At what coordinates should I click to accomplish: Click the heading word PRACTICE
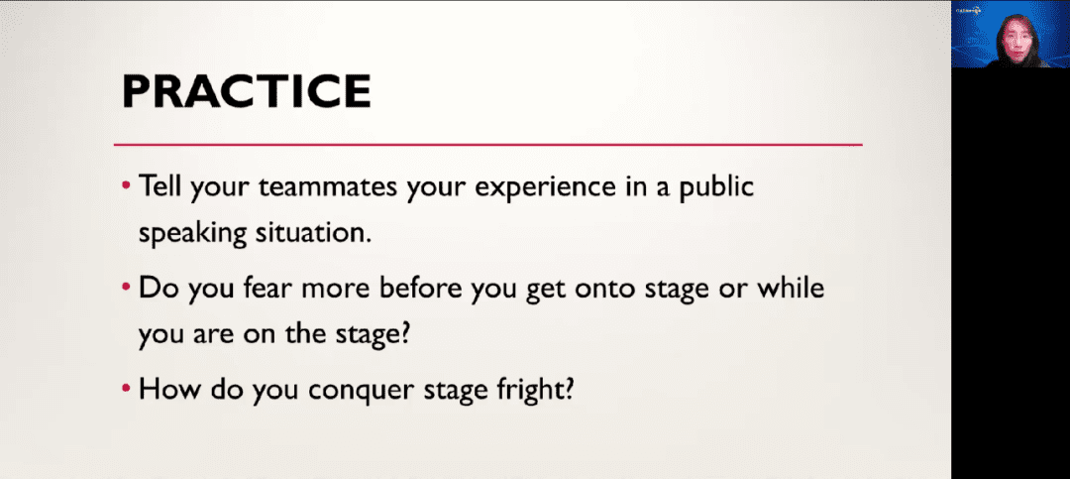pyautogui.click(x=247, y=91)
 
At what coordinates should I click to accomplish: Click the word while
pyautogui.click(x=788, y=288)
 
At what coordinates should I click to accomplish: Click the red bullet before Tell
pyautogui.click(x=126, y=186)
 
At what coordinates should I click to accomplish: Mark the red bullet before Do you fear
pyautogui.click(x=126, y=287)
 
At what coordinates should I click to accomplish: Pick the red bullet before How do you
pyautogui.click(x=126, y=388)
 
